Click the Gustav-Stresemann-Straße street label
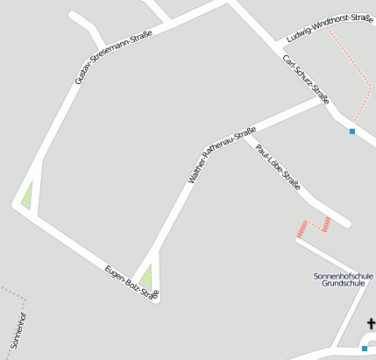(x=114, y=57)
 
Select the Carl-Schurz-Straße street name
(x=306, y=80)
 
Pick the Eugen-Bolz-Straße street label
(x=131, y=282)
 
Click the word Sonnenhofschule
(x=343, y=276)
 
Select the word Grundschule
(x=343, y=284)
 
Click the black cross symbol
(x=371, y=324)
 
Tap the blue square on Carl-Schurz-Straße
(x=352, y=131)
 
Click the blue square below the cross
(x=365, y=348)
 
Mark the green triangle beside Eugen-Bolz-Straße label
(x=146, y=278)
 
